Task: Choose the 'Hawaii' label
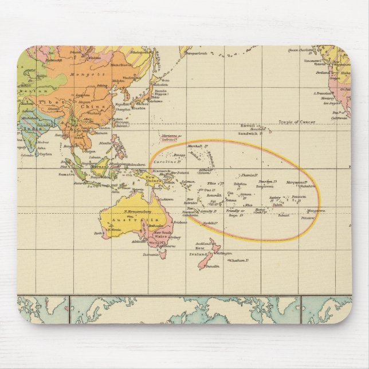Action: tap(247, 125)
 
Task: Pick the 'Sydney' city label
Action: tap(175, 237)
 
